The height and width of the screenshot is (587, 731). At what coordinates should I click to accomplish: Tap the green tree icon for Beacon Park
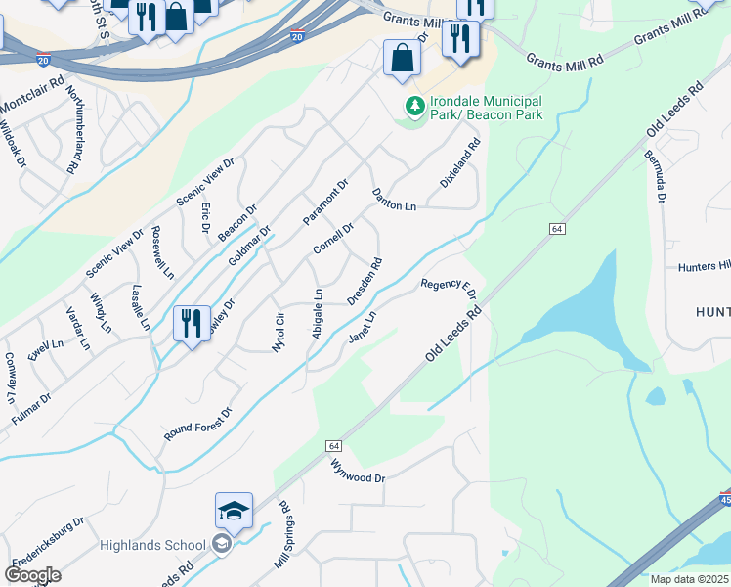pos(414,107)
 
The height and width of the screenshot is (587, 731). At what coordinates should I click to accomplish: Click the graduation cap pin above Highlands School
pos(234,512)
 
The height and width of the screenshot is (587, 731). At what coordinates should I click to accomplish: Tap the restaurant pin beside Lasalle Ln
pos(191,323)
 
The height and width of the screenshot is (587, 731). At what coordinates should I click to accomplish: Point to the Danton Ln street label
pos(394,199)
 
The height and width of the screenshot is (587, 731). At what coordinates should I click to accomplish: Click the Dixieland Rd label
pos(460,163)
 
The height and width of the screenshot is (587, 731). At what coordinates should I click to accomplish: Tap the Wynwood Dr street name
pos(359,471)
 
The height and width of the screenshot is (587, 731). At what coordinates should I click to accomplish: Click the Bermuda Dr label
pos(654,177)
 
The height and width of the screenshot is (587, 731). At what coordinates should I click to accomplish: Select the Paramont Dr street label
pos(325,201)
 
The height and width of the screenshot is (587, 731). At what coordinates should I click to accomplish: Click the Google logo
pos(32,575)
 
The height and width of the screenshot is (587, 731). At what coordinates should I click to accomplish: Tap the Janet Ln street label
pos(363,327)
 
